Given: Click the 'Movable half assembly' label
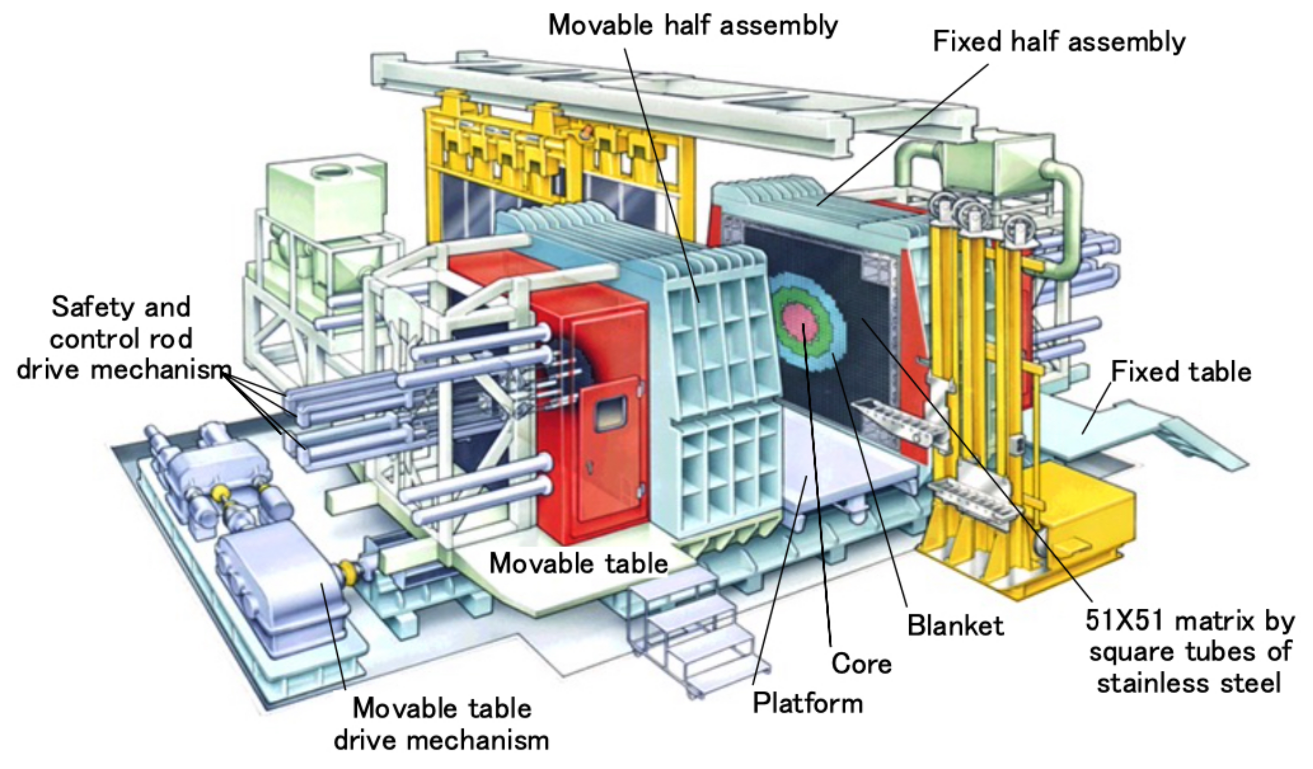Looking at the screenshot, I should pos(693,25).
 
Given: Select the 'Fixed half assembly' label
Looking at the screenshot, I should pos(1059,42).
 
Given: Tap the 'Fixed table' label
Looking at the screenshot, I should pos(1181,371).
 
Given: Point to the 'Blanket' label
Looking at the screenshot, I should pos(956,626).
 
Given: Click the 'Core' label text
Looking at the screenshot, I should pos(861,664).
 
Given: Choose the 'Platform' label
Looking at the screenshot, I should pos(807,704).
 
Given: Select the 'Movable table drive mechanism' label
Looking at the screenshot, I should pos(441,724).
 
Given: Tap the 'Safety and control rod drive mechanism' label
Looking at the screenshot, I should pos(121,339).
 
